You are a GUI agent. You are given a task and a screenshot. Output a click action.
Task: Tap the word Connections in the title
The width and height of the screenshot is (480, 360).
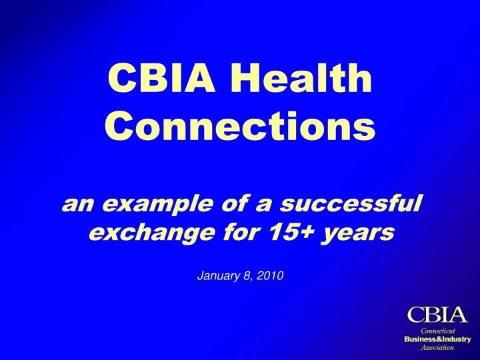(240, 126)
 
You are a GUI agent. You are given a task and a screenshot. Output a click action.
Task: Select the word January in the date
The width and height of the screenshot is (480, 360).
(219, 276)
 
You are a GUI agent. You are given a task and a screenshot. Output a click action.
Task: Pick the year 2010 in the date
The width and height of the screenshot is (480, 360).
(270, 275)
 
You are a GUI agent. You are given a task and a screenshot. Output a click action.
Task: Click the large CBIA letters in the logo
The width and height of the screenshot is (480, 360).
(437, 315)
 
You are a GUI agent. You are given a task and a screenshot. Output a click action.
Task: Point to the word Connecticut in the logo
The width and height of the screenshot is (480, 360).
(438, 331)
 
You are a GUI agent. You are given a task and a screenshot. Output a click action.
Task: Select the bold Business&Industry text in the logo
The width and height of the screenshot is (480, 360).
(438, 339)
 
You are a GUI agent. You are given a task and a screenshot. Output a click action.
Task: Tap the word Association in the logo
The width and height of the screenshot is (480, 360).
(437, 347)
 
